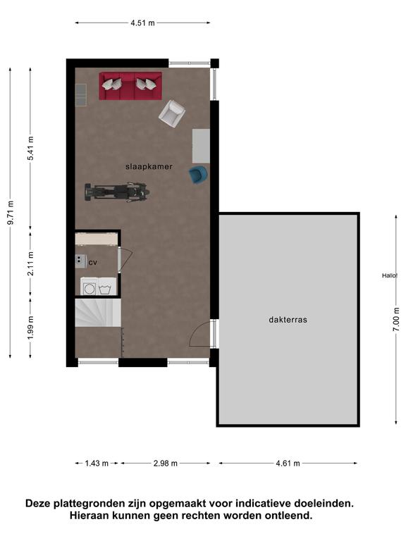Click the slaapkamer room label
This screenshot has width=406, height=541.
(x=149, y=167)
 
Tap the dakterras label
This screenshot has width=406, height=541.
(x=288, y=320)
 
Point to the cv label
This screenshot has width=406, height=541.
(x=92, y=263)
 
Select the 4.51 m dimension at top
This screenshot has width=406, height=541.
(x=142, y=23)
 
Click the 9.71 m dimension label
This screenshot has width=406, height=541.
(x=11, y=213)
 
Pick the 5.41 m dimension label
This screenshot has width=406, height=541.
(x=31, y=149)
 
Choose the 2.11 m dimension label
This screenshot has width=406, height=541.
(x=31, y=264)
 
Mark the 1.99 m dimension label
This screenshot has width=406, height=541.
(x=31, y=328)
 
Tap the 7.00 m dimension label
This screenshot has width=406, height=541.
(x=396, y=320)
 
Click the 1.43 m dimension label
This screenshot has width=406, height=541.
(x=97, y=464)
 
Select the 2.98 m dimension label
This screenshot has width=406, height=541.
(x=166, y=464)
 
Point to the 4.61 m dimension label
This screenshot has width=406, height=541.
(x=288, y=464)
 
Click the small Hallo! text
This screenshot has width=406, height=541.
(x=389, y=275)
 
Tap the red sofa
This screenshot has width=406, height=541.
(x=130, y=86)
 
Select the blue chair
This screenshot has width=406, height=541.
(x=199, y=175)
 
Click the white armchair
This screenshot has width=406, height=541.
(x=172, y=113)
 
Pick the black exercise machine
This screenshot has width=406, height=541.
(x=118, y=192)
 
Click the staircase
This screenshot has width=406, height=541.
(x=98, y=313)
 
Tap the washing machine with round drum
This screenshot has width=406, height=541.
(x=89, y=287)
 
